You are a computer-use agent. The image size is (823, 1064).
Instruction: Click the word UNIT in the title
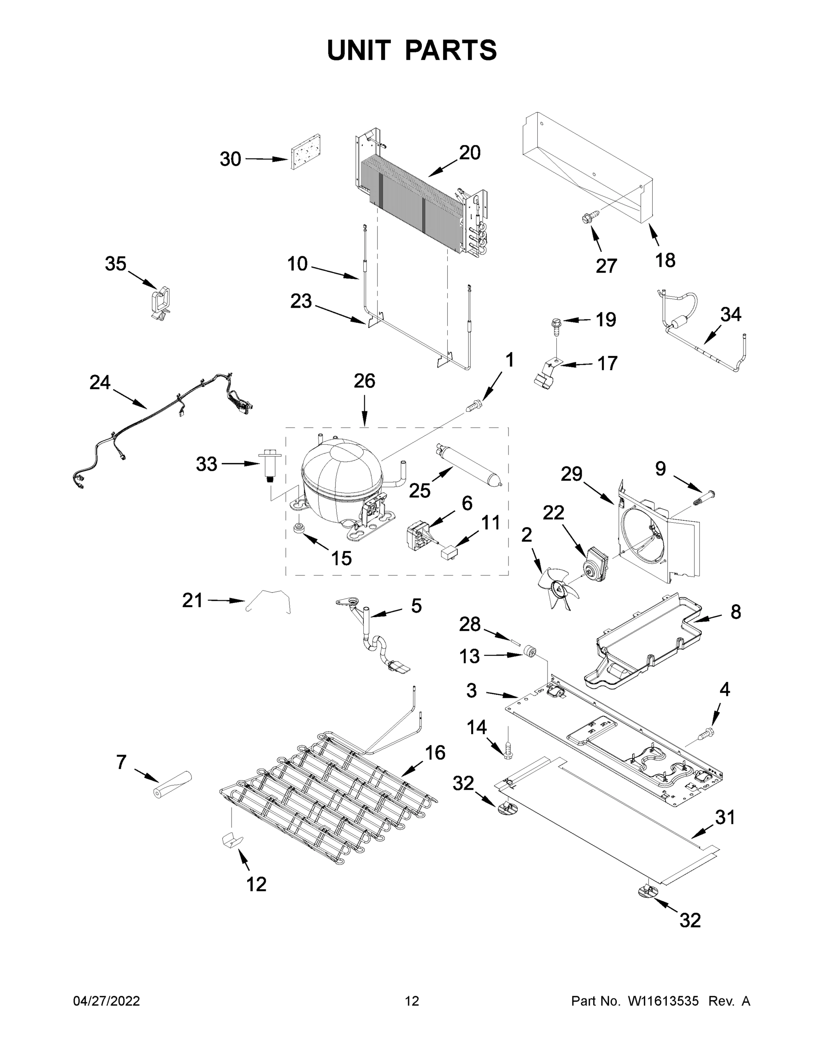(359, 50)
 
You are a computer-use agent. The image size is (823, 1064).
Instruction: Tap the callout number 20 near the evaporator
(469, 153)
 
